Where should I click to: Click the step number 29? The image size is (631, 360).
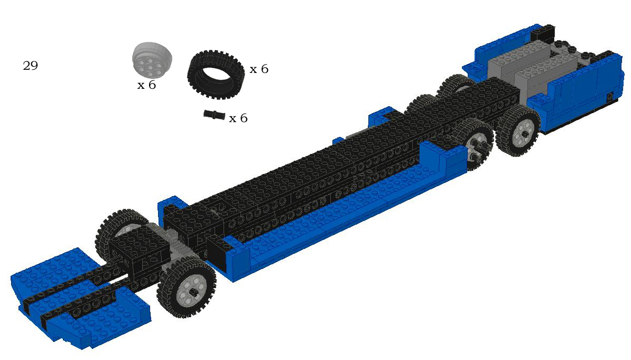click(x=30, y=65)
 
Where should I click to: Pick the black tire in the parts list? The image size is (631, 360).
click(x=217, y=75)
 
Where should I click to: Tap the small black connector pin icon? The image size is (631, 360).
click(x=215, y=115)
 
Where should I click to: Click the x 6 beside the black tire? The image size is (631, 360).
click(x=259, y=69)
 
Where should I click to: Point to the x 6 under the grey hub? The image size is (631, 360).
click(x=146, y=85)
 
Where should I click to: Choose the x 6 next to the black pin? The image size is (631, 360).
click(x=238, y=118)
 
